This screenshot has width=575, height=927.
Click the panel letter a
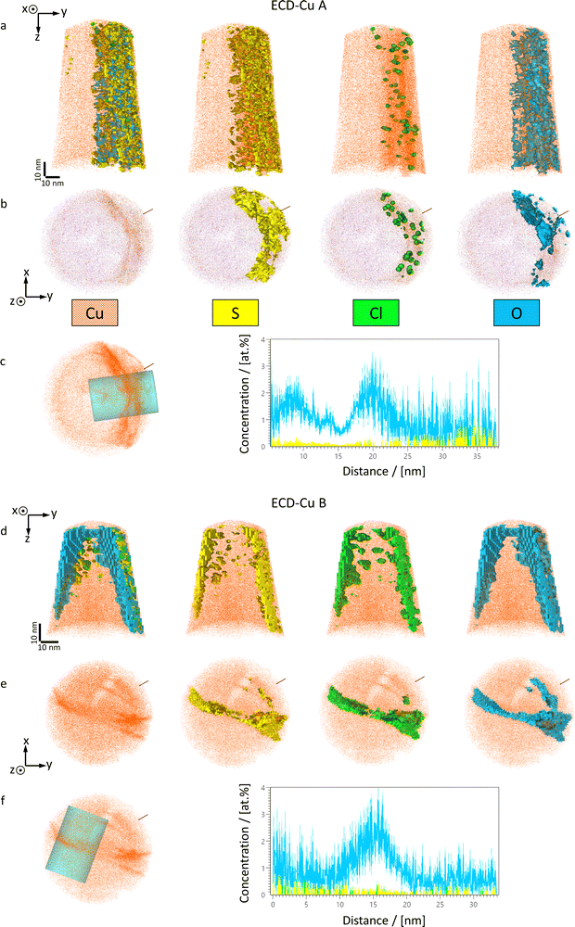click(x=6, y=26)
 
